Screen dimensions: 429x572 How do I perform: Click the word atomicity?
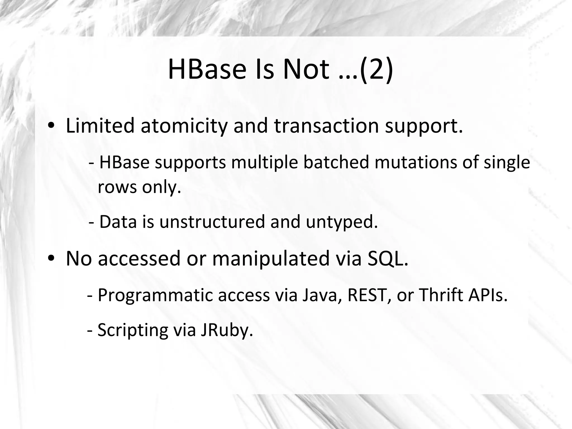coord(184,126)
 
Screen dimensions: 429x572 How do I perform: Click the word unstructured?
coord(212,222)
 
